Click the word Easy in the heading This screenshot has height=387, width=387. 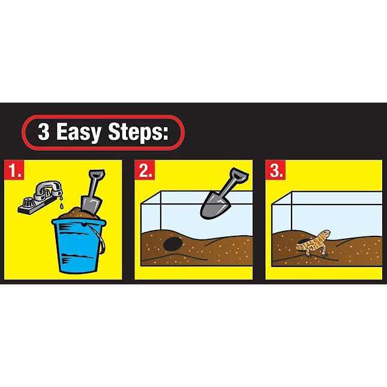[x=79, y=133]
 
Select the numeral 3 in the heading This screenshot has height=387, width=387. [x=44, y=132]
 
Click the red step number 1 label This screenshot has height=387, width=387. [x=14, y=170]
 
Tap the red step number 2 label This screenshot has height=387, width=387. [x=145, y=170]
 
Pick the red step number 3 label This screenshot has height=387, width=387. [x=275, y=170]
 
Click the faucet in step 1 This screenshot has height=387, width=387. [x=40, y=197]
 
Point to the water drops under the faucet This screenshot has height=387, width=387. [x=61, y=202]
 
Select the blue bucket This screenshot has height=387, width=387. [x=79, y=245]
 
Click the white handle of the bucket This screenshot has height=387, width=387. [x=101, y=238]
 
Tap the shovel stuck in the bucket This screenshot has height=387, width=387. [x=93, y=191]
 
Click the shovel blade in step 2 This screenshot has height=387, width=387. [x=214, y=206]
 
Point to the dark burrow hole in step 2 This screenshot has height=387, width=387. [x=173, y=244]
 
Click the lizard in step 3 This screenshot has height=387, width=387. [x=314, y=244]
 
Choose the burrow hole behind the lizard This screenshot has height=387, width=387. [x=304, y=241]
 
